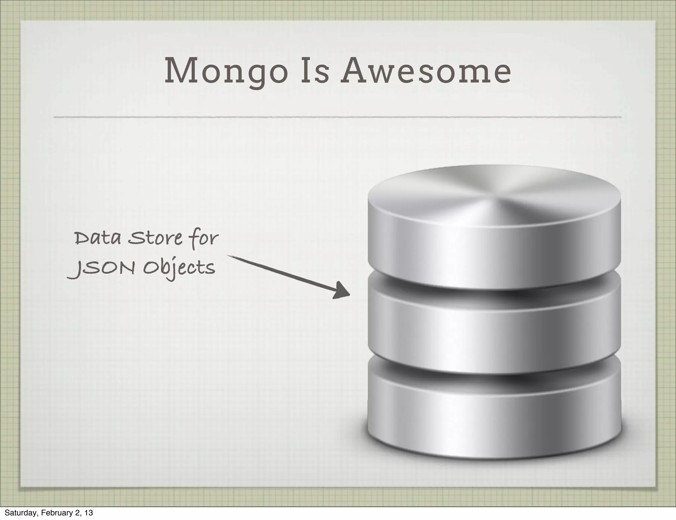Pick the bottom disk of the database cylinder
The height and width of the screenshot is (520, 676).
click(494, 412)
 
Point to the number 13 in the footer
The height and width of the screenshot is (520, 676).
click(88, 513)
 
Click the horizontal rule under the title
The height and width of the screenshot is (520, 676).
click(337, 117)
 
